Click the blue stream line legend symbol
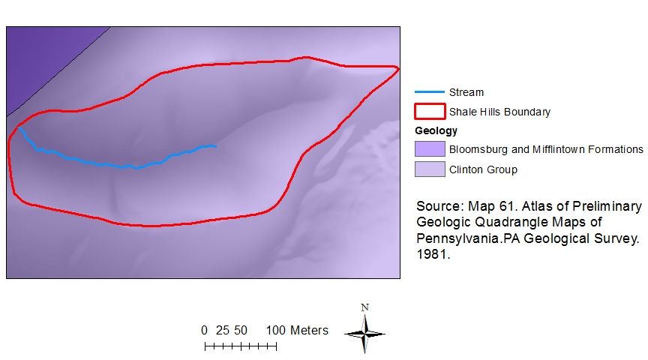(429, 92)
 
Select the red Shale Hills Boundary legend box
(429, 112)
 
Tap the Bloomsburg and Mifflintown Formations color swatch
(429, 149)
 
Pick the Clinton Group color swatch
(429, 169)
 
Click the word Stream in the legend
(466, 92)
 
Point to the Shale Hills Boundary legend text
(499, 112)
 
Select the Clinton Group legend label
(483, 169)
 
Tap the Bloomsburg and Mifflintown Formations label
(546, 149)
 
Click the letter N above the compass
(364, 307)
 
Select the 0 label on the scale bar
(204, 330)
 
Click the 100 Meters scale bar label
(297, 330)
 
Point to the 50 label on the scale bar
(240, 330)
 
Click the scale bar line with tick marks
(240, 346)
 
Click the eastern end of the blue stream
(215, 145)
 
